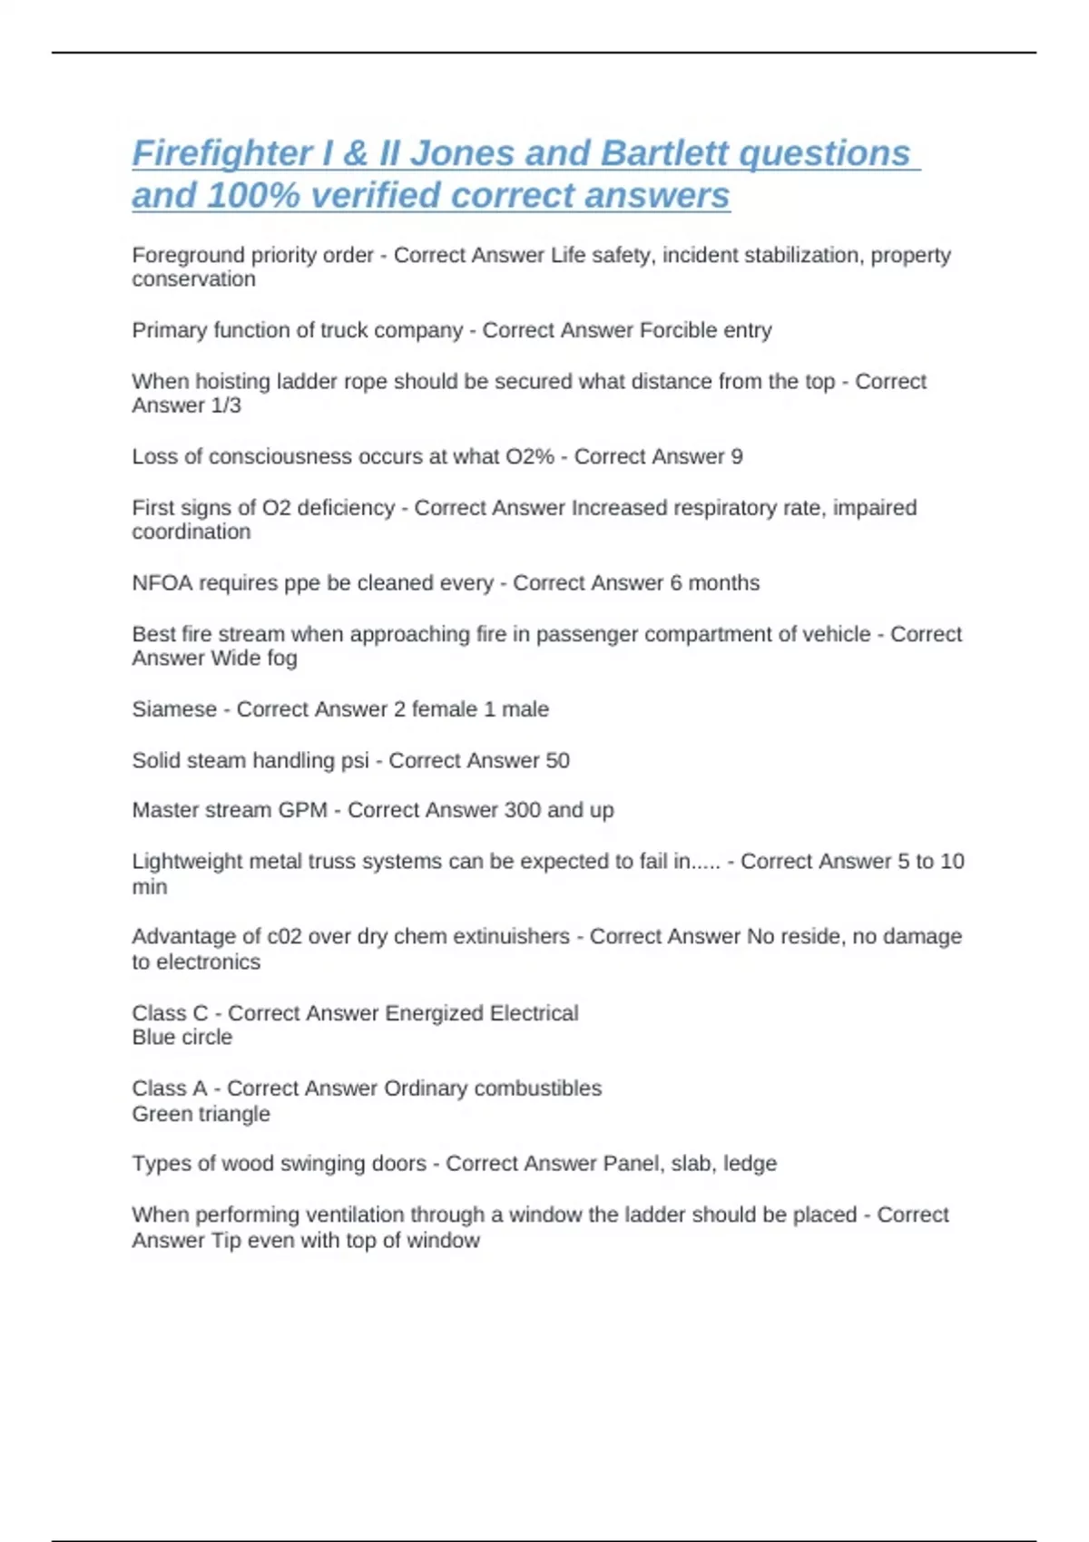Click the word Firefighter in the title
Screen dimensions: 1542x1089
pos(221,153)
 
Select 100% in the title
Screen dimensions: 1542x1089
pos(252,195)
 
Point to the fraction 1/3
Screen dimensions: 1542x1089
pos(226,405)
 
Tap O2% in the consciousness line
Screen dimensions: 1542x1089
pos(529,456)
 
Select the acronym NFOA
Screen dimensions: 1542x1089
pos(162,582)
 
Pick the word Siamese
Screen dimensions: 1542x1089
pos(174,708)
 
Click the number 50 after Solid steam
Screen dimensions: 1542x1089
pos(557,760)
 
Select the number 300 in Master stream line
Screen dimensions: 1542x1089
pos(522,809)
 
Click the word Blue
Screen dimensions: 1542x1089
pos(151,1037)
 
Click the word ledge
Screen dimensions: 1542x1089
pos(750,1163)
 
